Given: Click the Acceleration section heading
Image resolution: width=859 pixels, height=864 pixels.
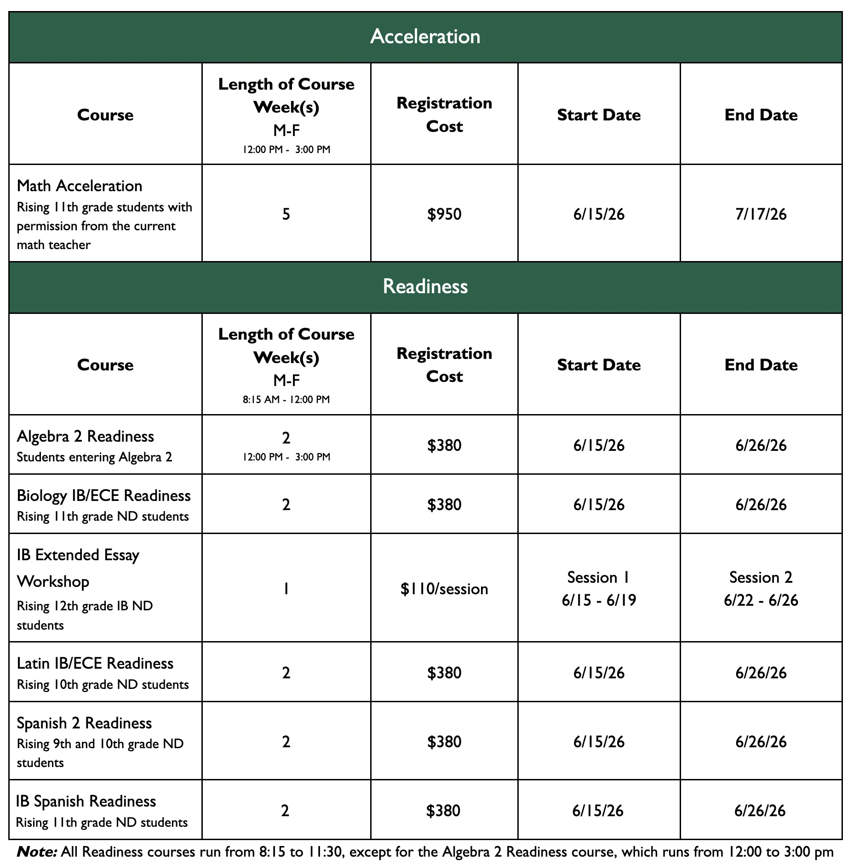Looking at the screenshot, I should pyautogui.click(x=425, y=36).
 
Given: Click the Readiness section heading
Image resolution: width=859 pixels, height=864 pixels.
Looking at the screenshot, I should pyautogui.click(x=425, y=286).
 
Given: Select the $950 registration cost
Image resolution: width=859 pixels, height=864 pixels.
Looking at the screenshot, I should pyautogui.click(x=444, y=214).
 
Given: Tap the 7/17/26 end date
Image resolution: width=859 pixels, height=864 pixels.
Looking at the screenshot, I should pyautogui.click(x=761, y=214).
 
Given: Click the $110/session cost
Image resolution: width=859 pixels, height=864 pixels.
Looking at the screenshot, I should pyautogui.click(x=444, y=589).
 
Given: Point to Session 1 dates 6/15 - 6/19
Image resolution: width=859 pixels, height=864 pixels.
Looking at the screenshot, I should pyautogui.click(x=599, y=600).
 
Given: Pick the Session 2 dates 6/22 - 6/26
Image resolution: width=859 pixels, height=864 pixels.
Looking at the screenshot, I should pyautogui.click(x=761, y=600).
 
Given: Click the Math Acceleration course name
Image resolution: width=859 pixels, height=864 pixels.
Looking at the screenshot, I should pyautogui.click(x=80, y=186).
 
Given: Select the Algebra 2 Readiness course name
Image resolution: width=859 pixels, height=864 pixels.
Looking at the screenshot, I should pyautogui.click(x=86, y=436).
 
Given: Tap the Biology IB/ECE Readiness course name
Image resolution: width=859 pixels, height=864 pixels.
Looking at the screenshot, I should pyautogui.click(x=103, y=495).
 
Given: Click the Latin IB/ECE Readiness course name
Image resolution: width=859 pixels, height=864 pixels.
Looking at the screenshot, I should pyautogui.click(x=95, y=663).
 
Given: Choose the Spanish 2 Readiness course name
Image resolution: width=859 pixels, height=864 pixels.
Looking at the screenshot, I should pyautogui.click(x=84, y=723).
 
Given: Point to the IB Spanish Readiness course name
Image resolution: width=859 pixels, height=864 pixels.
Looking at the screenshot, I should pyautogui.click(x=86, y=801).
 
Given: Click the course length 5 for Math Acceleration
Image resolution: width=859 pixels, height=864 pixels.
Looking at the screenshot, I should pyautogui.click(x=286, y=214).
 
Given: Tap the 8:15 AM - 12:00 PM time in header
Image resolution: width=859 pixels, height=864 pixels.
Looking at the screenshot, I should pyautogui.click(x=286, y=399).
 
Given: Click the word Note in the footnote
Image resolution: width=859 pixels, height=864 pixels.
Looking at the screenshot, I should pyautogui.click(x=37, y=852).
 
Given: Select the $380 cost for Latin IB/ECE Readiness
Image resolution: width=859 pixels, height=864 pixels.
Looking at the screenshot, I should pyautogui.click(x=444, y=673).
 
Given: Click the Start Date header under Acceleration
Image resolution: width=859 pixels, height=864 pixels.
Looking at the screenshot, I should pyautogui.click(x=599, y=115).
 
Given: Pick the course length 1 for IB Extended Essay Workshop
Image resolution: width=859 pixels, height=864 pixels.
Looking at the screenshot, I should pyautogui.click(x=286, y=589).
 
